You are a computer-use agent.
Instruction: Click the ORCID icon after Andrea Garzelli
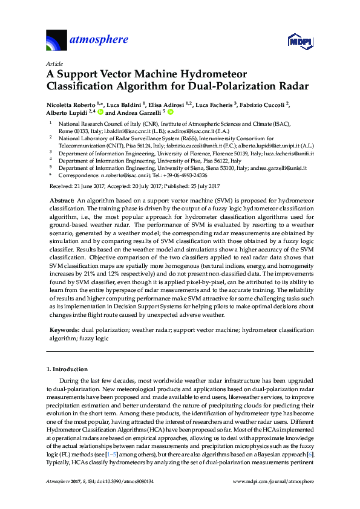pos(171,112)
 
